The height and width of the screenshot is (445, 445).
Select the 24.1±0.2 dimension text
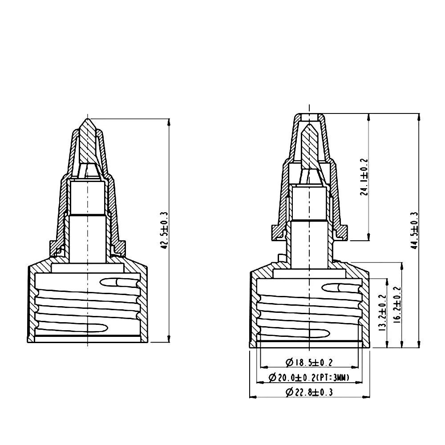(x=364, y=177)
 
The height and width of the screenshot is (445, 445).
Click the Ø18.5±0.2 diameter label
(x=309, y=363)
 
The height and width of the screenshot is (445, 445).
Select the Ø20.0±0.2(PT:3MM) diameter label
(x=309, y=378)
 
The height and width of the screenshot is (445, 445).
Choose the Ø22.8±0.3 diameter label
(x=309, y=392)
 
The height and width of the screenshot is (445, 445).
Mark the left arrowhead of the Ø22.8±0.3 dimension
(x=252, y=396)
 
